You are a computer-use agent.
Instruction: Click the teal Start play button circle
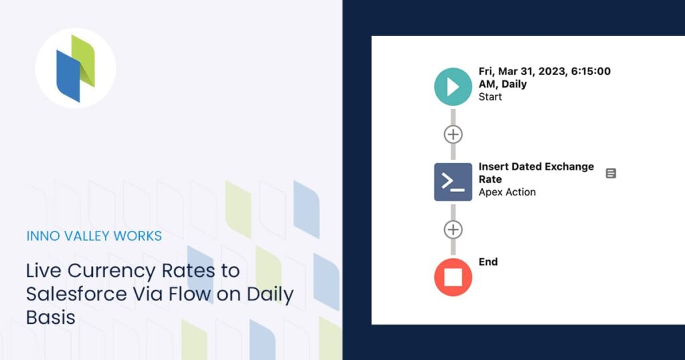click(x=453, y=87)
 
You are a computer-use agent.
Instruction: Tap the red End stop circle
click(x=453, y=277)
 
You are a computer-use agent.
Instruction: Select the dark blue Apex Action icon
click(x=453, y=181)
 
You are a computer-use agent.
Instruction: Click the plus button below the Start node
click(x=453, y=134)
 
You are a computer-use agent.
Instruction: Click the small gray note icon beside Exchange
click(x=611, y=173)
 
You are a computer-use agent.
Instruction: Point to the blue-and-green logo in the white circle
click(x=76, y=69)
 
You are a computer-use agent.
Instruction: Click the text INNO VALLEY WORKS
click(x=94, y=236)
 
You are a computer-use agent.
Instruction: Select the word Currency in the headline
click(x=110, y=271)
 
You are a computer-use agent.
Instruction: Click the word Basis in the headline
click(x=51, y=317)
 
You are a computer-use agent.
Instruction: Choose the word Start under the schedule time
click(x=490, y=97)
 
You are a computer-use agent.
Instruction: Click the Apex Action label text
click(x=507, y=192)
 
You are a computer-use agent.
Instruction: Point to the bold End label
click(x=488, y=262)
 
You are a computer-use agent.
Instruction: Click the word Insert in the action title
click(x=493, y=167)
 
